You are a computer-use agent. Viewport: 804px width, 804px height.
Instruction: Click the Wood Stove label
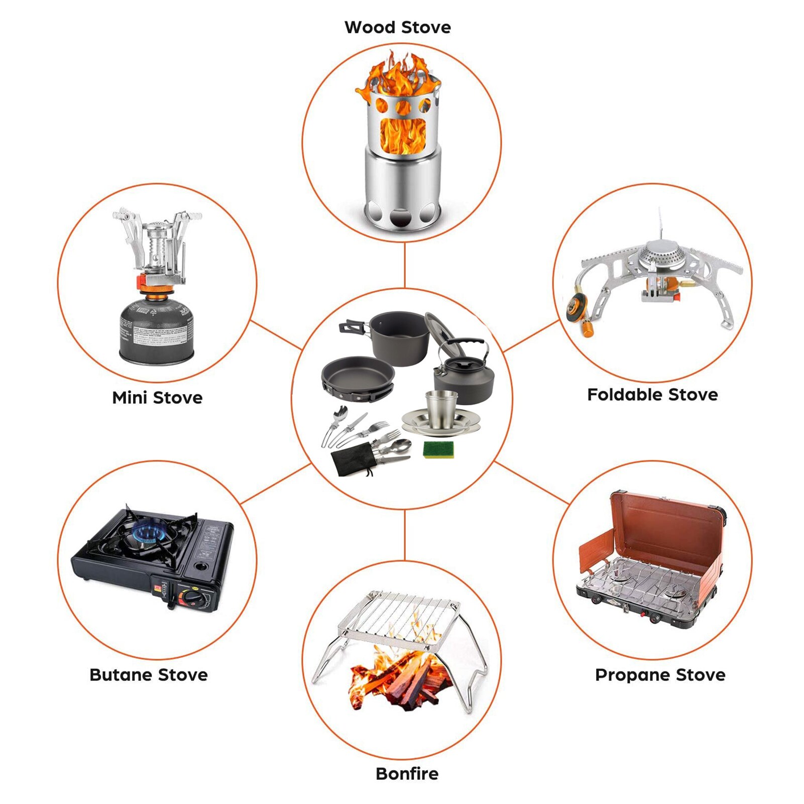(397, 27)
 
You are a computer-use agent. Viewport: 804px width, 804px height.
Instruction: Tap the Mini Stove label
(157, 397)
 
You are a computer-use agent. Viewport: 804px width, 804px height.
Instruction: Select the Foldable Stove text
(652, 394)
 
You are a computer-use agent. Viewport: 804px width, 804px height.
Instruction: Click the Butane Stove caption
(149, 674)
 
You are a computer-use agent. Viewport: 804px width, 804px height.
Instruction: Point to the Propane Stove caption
(660, 674)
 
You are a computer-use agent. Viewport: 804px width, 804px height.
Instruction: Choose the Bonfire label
(407, 773)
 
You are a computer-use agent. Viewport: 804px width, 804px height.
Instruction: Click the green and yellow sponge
(438, 449)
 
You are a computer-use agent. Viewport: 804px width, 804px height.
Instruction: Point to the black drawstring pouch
(352, 461)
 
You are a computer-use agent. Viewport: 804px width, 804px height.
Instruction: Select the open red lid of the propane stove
(668, 527)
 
